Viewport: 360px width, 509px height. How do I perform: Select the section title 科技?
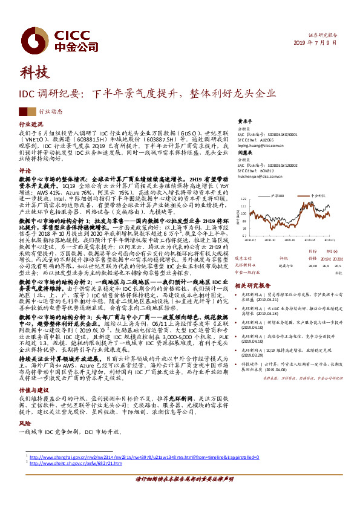(x=33, y=73)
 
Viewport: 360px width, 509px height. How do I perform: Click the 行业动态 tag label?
(x=51, y=111)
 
